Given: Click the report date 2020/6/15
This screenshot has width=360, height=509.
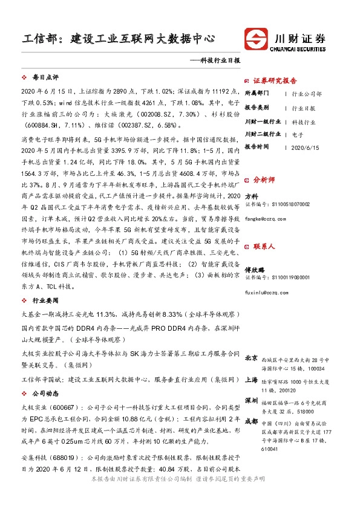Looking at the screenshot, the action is click(304, 147).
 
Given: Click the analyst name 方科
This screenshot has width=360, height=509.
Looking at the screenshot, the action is click(251, 196).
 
